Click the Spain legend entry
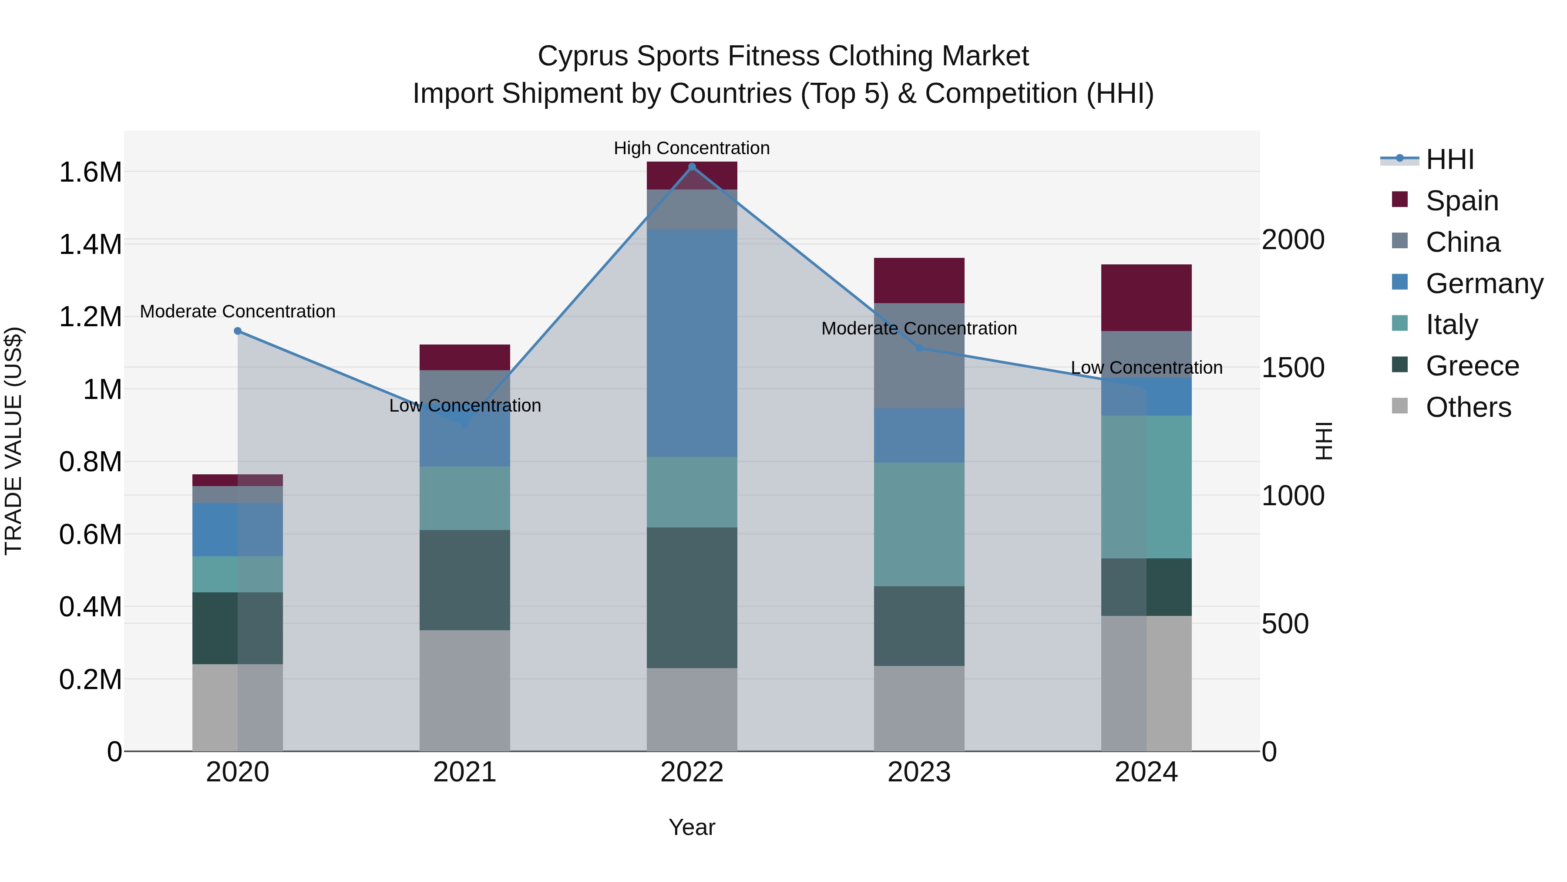point(1462,200)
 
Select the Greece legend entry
point(1472,366)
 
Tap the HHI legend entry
point(1449,159)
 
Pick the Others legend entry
point(1468,407)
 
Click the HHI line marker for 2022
point(692,166)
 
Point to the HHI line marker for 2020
point(238,331)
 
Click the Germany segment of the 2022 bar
point(692,343)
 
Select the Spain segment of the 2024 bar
point(1146,297)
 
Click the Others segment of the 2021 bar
point(465,690)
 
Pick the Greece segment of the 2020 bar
point(237,628)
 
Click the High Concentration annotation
point(692,148)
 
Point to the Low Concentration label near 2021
point(465,406)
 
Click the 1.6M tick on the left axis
point(90,172)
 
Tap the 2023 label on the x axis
point(919,772)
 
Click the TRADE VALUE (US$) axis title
point(13,441)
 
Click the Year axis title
point(692,827)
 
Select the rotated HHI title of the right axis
point(1324,441)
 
